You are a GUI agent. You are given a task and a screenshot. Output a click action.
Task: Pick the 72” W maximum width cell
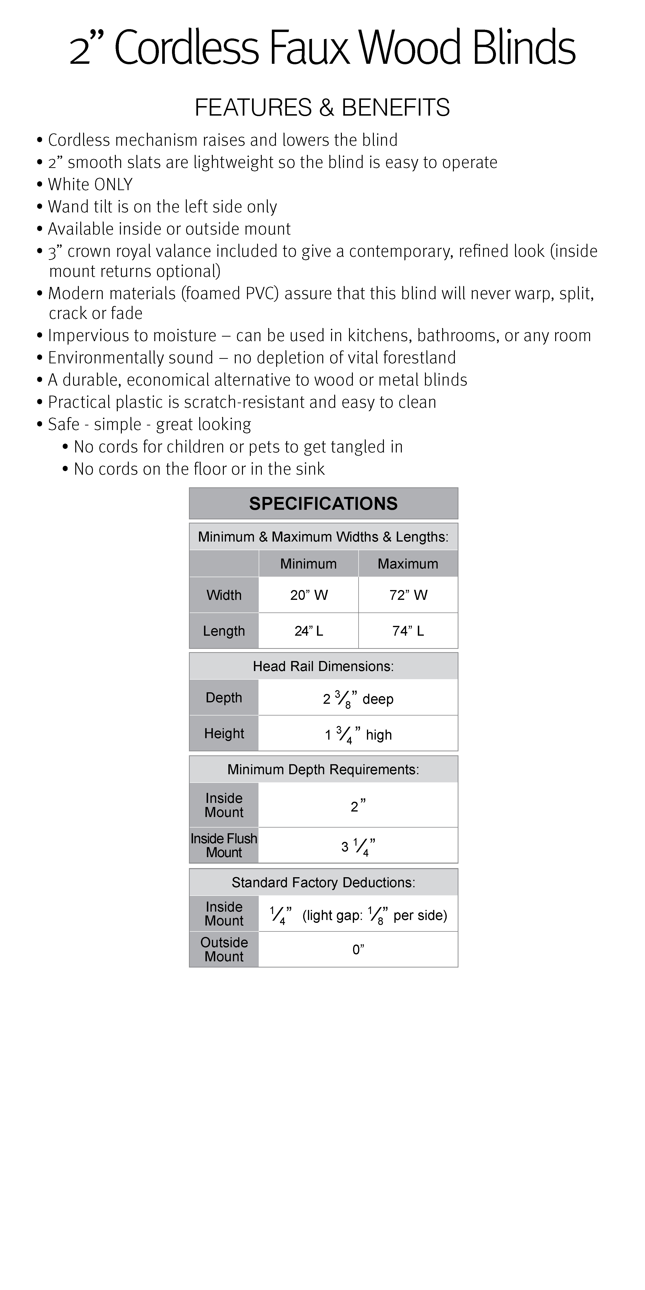(408, 595)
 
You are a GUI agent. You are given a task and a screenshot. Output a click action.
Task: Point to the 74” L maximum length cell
(408, 631)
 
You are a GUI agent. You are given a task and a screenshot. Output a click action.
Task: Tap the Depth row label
(224, 698)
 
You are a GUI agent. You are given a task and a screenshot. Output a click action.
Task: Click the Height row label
(224, 734)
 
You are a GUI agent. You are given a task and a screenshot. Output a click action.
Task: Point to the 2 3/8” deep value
(358, 699)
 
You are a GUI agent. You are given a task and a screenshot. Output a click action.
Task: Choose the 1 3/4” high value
(358, 735)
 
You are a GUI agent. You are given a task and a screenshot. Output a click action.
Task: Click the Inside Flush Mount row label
(224, 845)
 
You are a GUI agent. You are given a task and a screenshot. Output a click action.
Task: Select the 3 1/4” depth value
(358, 846)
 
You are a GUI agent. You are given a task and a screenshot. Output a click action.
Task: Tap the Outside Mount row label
(224, 950)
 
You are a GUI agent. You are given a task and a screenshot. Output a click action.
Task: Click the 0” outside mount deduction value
(358, 950)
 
